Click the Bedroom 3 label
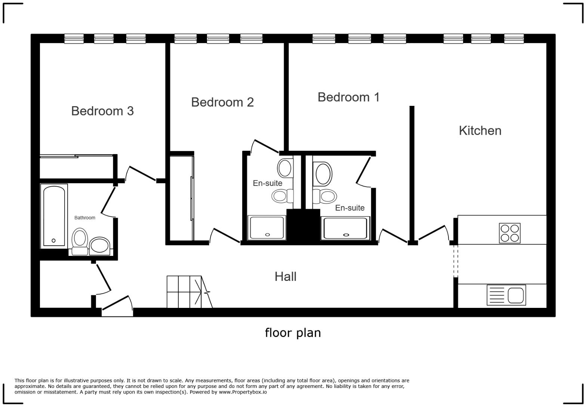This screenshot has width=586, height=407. click(102, 111)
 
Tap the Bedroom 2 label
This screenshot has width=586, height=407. click(222, 102)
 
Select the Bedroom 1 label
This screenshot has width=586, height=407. click(348, 97)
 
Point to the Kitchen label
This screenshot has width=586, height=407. click(480, 131)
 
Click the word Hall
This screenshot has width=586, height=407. click(286, 276)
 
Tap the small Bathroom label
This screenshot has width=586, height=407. click(85, 218)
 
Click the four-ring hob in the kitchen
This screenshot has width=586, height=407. click(510, 233)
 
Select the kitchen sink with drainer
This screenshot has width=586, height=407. click(506, 295)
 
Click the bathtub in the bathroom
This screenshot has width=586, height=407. click(54, 216)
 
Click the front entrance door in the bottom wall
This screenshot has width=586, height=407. click(117, 306)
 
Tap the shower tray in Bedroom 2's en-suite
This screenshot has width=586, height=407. click(266, 227)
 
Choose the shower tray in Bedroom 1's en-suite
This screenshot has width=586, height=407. click(345, 228)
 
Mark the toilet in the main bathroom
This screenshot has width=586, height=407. click(80, 242)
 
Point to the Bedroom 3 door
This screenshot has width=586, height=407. click(141, 174)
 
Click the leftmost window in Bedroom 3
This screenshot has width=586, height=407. click(74, 39)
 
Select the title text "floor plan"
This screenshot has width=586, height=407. click(293, 333)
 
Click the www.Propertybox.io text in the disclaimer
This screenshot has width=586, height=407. click(243, 392)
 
